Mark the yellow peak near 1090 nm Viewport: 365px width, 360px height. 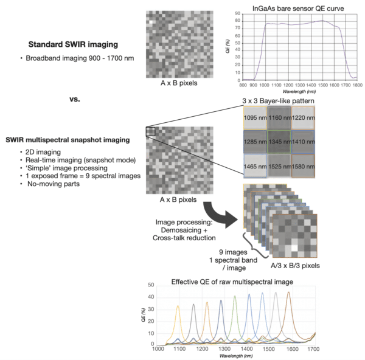pyautogui.click(x=178, y=306)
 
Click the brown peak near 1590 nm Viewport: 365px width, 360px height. pyautogui.click(x=289, y=293)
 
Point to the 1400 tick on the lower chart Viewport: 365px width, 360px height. pyautogui.click(x=249, y=350)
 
